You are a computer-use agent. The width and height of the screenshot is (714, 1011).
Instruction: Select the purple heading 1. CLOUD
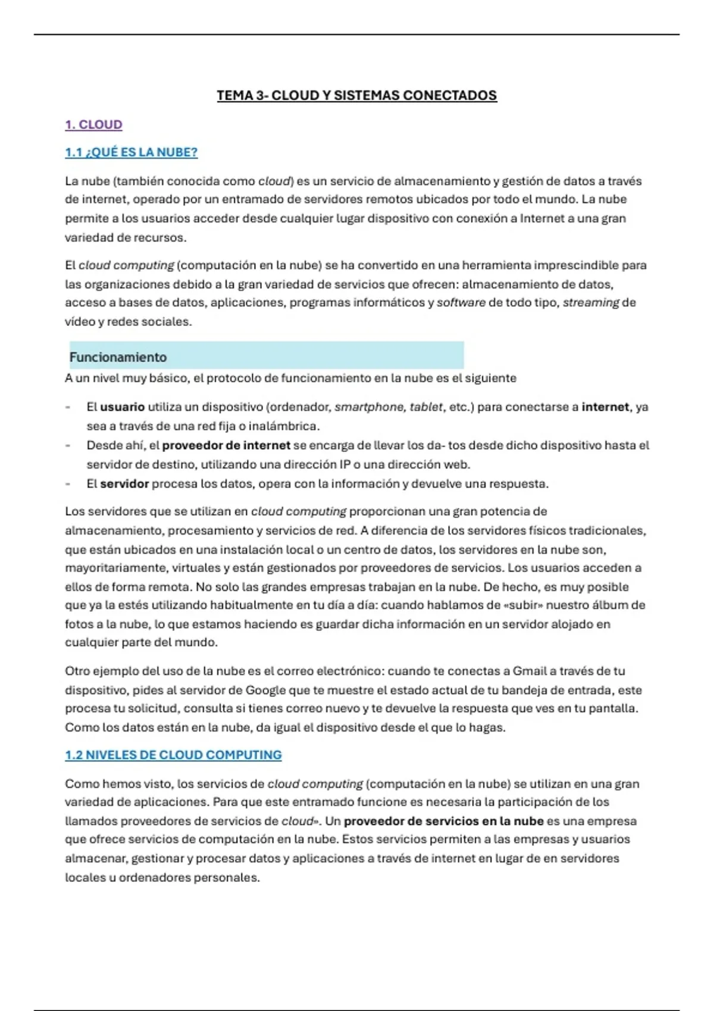pos(93,125)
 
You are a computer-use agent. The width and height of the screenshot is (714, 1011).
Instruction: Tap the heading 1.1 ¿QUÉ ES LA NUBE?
pos(131,153)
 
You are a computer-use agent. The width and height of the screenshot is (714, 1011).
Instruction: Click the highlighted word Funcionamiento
pos(118,357)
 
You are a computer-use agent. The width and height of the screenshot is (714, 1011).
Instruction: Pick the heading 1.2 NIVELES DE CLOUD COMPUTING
pos(173,755)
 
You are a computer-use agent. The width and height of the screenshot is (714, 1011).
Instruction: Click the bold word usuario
pos(122,407)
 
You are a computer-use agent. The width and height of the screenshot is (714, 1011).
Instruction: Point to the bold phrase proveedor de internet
pos(226,445)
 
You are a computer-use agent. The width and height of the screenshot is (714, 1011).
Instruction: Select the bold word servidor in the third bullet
pos(124,484)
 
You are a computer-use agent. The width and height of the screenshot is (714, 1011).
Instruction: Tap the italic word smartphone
pos(369,407)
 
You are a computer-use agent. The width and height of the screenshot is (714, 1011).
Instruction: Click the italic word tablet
pos(426,407)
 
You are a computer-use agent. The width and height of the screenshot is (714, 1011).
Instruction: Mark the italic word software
pos(461,303)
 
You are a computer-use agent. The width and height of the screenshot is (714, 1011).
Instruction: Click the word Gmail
pos(530,671)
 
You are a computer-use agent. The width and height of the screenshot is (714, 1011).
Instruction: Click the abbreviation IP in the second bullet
pos(345,464)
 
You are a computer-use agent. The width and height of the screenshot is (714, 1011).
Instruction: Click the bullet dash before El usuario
pos(68,407)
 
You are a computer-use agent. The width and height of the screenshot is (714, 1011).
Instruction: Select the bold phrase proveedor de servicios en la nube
pos(443,821)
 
